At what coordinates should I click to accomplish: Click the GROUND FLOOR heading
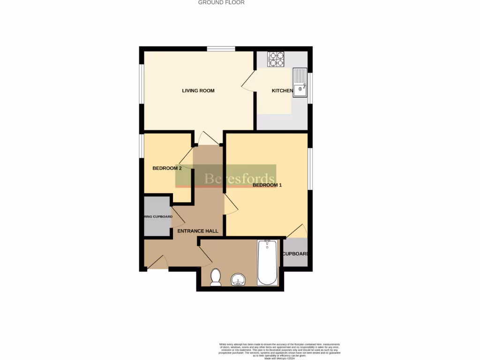[221, 2]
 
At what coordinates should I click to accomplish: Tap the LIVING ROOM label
[198, 90]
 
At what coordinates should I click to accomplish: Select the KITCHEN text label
[282, 90]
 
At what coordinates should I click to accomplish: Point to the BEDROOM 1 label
[267, 185]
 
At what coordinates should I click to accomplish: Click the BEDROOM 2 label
[167, 168]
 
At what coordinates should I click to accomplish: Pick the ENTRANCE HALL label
[197, 231]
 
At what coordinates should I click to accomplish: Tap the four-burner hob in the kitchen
[276, 59]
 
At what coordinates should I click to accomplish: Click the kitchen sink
[300, 83]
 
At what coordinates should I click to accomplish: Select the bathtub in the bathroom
[267, 262]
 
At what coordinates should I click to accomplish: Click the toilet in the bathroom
[216, 277]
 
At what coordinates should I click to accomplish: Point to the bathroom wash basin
[239, 280]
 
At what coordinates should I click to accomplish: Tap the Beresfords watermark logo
[226, 176]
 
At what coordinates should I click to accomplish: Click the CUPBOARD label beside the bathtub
[295, 254]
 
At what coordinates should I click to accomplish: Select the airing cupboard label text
[158, 217]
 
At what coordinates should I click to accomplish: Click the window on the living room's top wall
[221, 49]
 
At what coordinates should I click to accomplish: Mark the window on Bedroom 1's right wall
[310, 168]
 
